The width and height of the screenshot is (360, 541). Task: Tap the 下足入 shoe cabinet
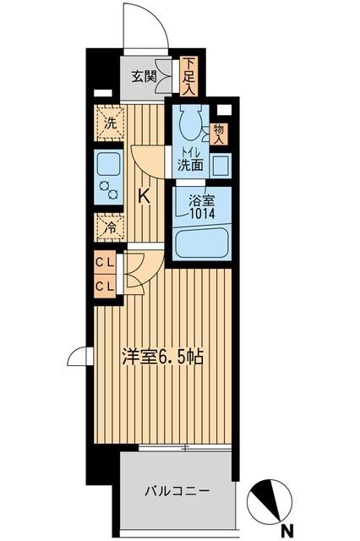189,74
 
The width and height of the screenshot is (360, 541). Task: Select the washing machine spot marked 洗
109,123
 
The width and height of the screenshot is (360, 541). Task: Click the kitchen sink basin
109,162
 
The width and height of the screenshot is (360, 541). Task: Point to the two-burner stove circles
109,189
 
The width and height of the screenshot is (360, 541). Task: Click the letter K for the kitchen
144,195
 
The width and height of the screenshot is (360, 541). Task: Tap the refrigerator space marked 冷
109,227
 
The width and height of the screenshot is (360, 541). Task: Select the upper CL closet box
106,264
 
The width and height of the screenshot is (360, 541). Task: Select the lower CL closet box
106,286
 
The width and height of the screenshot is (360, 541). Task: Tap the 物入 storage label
219,134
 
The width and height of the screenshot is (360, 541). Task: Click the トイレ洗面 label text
189,161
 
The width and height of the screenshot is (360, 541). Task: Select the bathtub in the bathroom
203,243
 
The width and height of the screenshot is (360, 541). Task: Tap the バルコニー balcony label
176,489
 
